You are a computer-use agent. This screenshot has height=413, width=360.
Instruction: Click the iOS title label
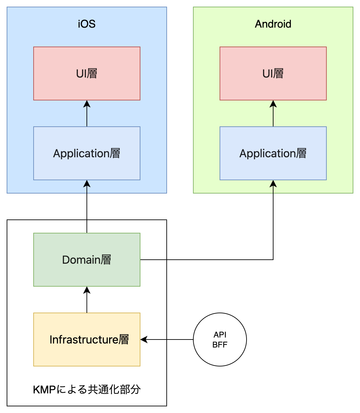pos(87,24)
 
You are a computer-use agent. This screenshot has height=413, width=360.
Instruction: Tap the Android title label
pos(273,24)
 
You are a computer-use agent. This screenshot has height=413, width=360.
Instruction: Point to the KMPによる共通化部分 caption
pos(87,389)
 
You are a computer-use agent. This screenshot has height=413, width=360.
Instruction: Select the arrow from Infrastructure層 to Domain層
pos(87,301)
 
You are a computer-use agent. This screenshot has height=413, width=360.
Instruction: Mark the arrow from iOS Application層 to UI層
pos(87,115)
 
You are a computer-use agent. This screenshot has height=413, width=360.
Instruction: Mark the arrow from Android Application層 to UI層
pos(273,115)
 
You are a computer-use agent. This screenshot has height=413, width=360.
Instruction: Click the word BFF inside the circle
pos(220,345)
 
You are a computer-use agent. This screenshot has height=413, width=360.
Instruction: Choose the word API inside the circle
pos(220,335)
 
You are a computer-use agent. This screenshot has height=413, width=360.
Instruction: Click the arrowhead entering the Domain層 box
pos(87,290)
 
